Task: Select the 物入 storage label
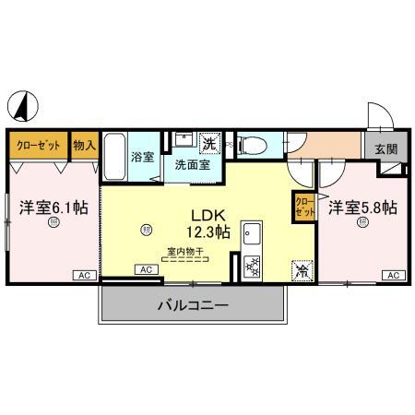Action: pos(85,145)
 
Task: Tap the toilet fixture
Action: pos(253,144)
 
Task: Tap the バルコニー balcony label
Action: pos(192,303)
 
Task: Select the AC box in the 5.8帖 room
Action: pos(393,275)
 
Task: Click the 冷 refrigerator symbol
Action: pos(302,269)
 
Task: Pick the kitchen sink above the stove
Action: pos(250,236)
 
